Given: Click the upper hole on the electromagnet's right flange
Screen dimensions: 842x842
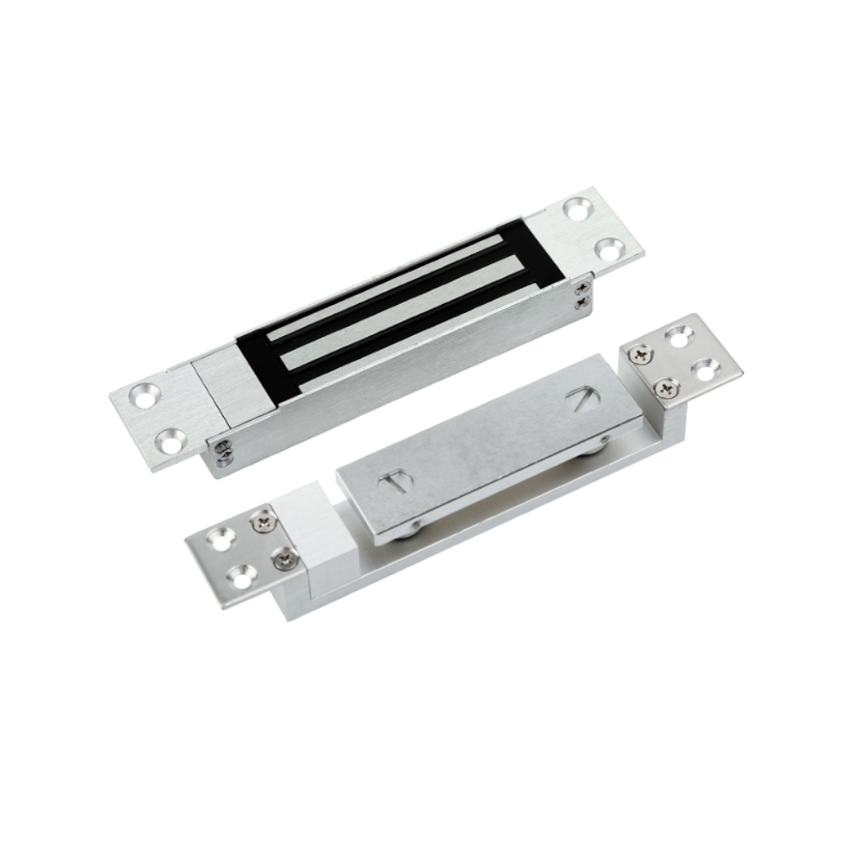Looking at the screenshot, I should click(578, 209).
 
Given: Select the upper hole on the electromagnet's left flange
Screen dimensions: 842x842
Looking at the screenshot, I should click(146, 395).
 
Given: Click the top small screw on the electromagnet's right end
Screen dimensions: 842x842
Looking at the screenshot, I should click(584, 287).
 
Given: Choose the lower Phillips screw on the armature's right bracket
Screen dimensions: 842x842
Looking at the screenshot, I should click(668, 388).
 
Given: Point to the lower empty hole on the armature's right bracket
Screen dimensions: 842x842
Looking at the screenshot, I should click(706, 366).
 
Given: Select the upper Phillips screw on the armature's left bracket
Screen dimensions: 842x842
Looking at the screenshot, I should click(263, 523).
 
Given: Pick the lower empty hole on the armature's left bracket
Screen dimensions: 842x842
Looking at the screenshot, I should click(242, 578).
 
